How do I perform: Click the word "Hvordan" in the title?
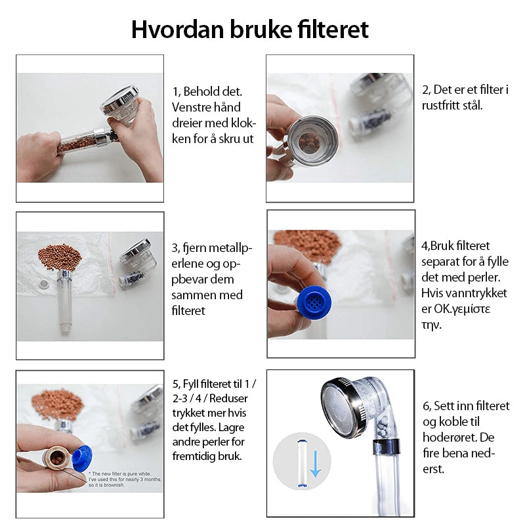coord(177,30)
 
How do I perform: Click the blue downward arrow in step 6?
coord(316,464)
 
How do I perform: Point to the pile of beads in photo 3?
coord(60,257)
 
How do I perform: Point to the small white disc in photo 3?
coord(43,285)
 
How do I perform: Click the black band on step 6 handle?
coord(387,446)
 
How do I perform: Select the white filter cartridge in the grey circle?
coord(302,464)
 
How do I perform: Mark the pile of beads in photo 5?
coord(56,404)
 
